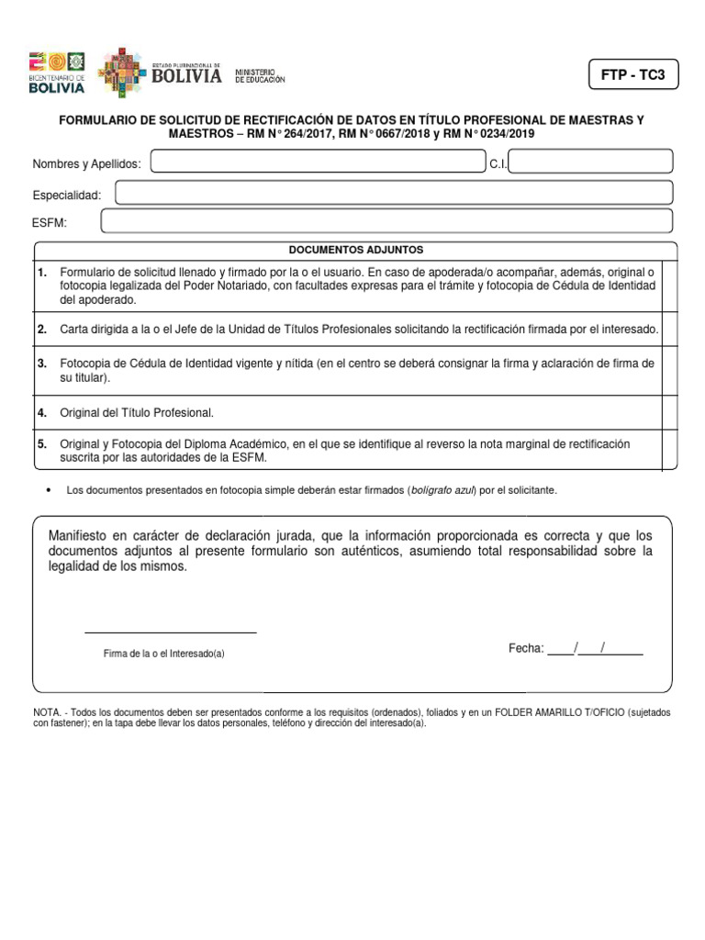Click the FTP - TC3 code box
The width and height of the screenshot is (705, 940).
point(633,75)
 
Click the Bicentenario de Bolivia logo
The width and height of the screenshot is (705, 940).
point(57,73)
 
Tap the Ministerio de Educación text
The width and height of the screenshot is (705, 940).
point(260,75)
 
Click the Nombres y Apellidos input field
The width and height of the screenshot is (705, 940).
point(318,162)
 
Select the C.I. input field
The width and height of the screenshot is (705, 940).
point(591,162)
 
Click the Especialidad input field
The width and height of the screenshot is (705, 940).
point(394,193)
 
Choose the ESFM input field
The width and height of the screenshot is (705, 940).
point(386,222)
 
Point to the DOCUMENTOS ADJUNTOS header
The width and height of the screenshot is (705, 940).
point(355,250)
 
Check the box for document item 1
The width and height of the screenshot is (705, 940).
point(669,286)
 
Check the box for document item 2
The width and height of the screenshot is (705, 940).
point(669,330)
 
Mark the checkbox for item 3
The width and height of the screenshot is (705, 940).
point(669,370)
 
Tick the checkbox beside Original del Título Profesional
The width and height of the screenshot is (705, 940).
point(669,412)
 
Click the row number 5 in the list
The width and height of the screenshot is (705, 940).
point(42,444)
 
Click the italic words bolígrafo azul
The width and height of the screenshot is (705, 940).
point(442,491)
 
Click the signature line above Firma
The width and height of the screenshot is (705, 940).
point(171,632)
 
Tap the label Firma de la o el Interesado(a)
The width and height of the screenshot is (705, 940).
point(164,654)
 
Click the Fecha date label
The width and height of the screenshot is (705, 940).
point(526,648)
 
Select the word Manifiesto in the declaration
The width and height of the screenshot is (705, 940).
point(77,535)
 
